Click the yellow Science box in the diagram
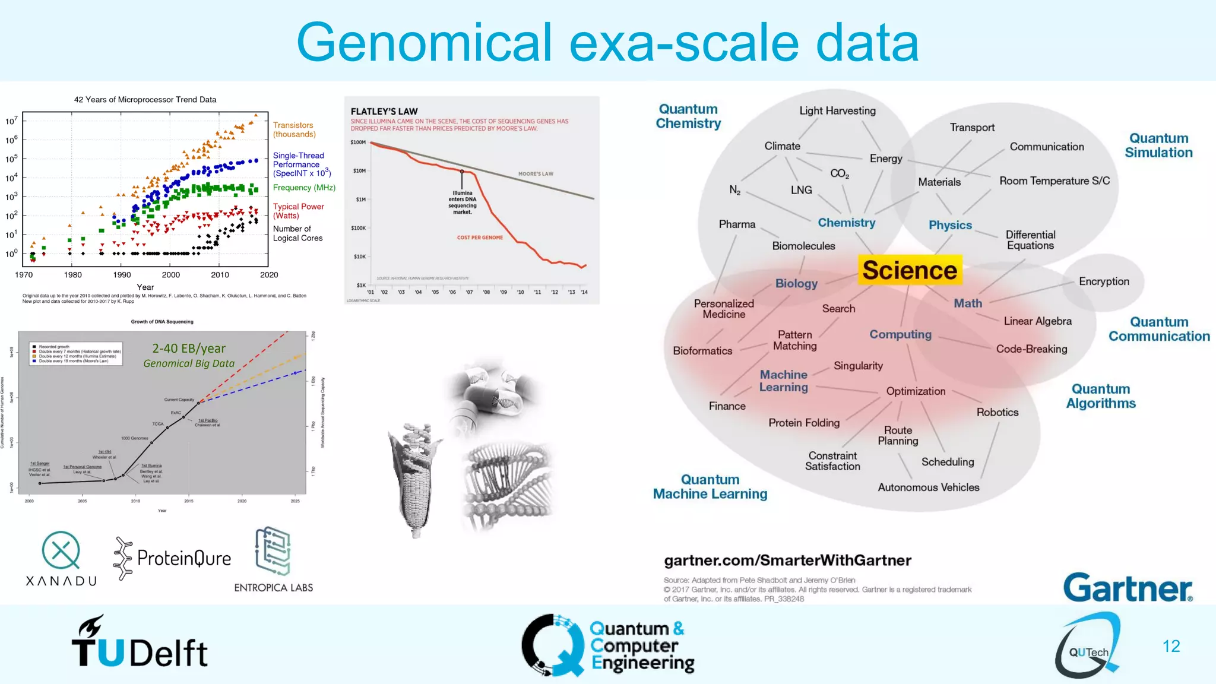(x=909, y=270)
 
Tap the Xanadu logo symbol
(x=61, y=550)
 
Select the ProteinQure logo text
(x=183, y=558)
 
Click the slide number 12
(x=1171, y=646)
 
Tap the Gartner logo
(x=1127, y=588)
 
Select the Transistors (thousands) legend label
(x=294, y=129)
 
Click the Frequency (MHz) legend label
(x=304, y=188)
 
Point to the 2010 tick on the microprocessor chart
(x=220, y=274)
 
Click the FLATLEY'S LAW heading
(x=384, y=112)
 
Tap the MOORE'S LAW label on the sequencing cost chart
(x=536, y=174)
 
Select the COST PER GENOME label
(x=480, y=237)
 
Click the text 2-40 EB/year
(x=189, y=349)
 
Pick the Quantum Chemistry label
(x=688, y=116)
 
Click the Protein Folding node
(x=804, y=423)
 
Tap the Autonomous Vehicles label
(x=928, y=487)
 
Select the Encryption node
(x=1104, y=281)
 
